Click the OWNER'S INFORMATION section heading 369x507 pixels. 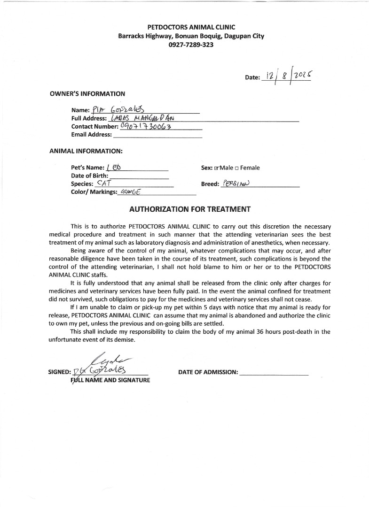[87, 93]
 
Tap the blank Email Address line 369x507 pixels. [157, 135]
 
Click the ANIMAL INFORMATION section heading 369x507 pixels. [86, 151]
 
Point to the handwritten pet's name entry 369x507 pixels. [114, 167]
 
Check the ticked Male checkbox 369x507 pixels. [217, 168]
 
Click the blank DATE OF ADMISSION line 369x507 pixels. [274, 372]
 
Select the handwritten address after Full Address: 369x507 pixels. [139, 118]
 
